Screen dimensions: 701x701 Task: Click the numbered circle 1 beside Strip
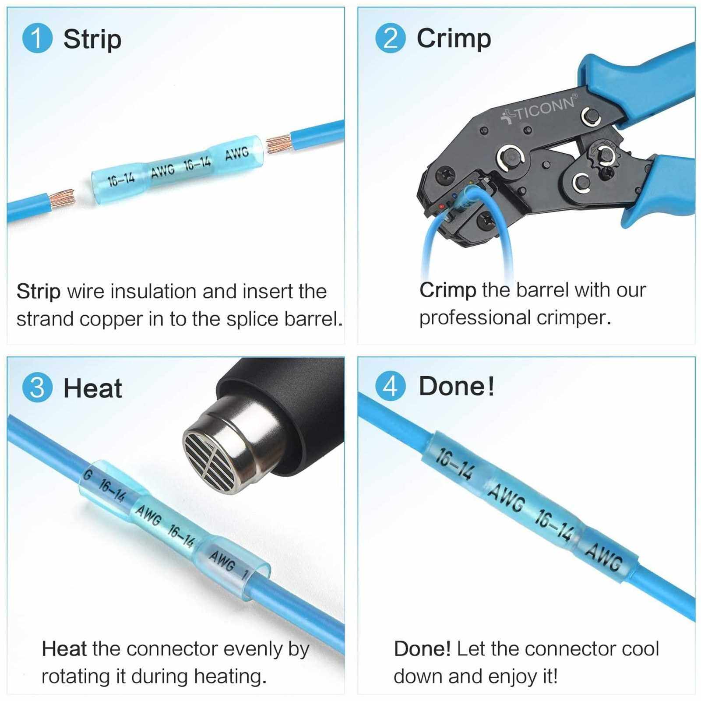(x=37, y=39)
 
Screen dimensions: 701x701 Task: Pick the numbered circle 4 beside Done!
(x=391, y=386)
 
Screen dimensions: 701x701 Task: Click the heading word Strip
(x=92, y=39)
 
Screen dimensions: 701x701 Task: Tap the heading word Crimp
(x=454, y=39)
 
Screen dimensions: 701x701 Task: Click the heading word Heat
(x=93, y=387)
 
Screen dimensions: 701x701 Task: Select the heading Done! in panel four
(x=457, y=386)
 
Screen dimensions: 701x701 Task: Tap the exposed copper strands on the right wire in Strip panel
(x=280, y=144)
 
